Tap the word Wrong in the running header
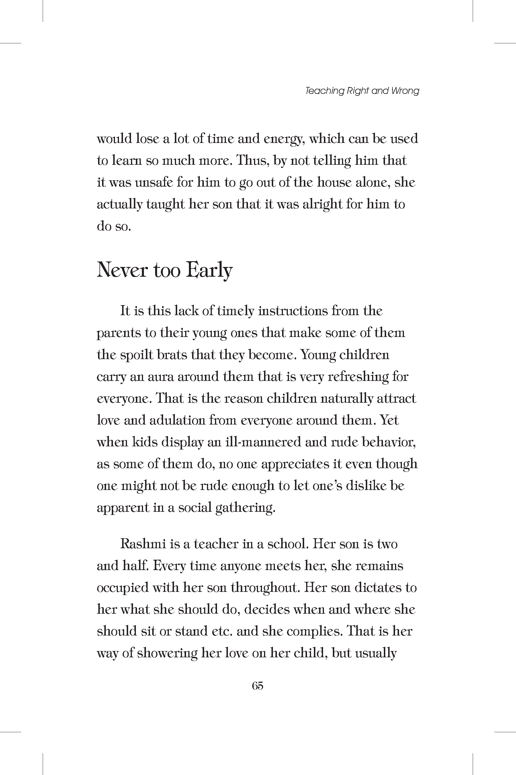point(405,91)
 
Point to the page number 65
point(257,686)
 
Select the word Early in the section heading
point(209,271)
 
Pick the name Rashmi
point(143,544)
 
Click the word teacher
point(216,544)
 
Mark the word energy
point(283,139)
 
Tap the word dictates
point(377,588)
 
